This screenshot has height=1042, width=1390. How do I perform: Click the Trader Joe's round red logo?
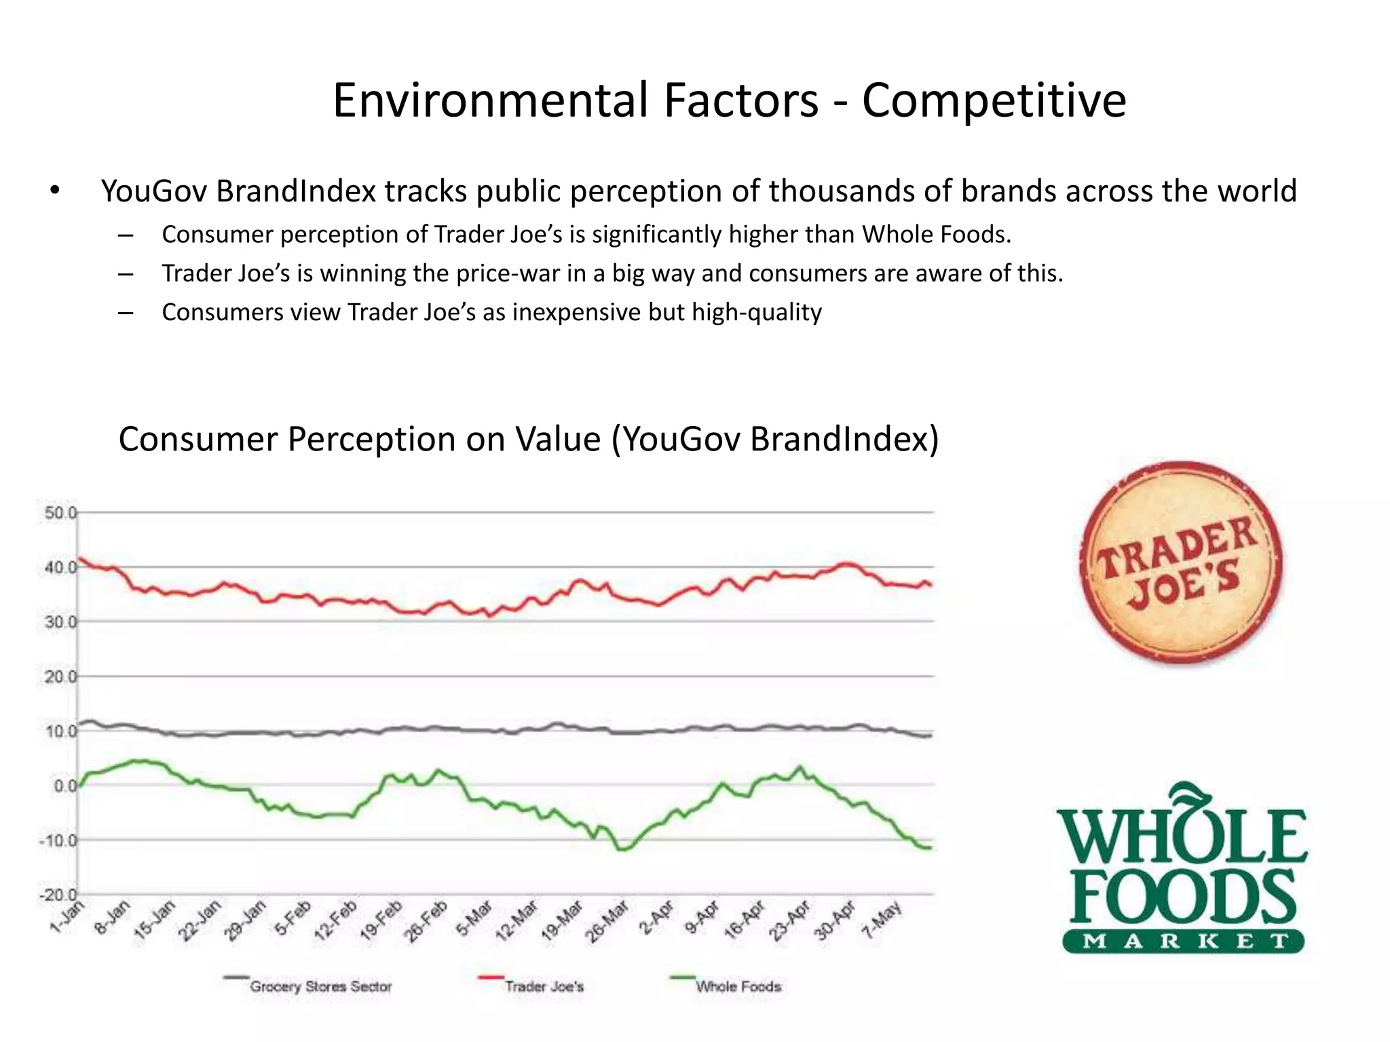coord(1181,562)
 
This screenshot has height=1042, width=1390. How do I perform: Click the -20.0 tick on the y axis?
coord(58,895)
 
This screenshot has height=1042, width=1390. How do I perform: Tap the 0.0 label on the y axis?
coord(65,786)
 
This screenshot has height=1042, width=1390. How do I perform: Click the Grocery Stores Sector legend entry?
coord(320,986)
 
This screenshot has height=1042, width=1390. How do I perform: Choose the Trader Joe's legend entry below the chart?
coord(543,986)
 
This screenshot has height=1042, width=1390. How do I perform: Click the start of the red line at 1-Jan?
coord(79,558)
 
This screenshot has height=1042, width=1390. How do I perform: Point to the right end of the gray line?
coord(930,735)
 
